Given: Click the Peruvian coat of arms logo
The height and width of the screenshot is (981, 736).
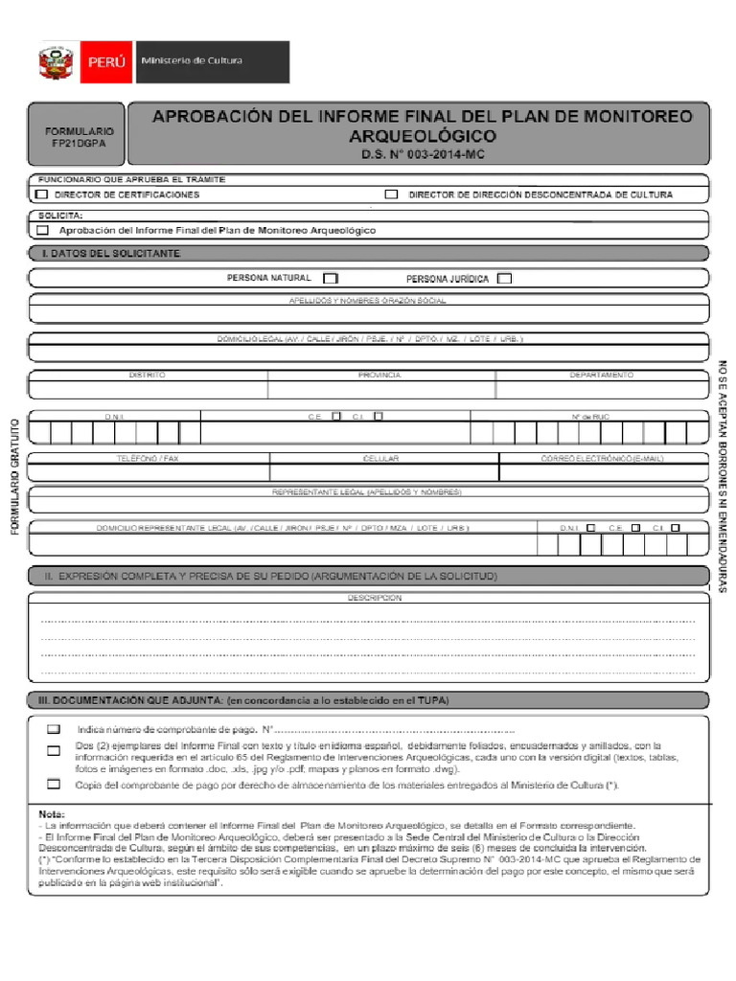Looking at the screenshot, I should pos(56,62).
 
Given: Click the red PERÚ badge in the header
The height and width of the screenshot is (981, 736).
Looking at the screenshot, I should pos(105,62).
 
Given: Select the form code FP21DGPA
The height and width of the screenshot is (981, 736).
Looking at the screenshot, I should pos(79,143).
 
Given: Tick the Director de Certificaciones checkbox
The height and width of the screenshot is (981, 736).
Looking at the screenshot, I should pos(41,194).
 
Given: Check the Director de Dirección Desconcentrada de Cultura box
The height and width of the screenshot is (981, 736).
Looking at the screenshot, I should pos(391,194).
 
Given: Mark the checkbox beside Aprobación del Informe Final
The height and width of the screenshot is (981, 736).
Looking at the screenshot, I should pos(42,230).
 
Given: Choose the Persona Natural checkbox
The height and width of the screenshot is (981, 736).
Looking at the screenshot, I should pos(331,279).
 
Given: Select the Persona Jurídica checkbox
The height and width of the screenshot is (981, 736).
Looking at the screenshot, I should pos(504,279).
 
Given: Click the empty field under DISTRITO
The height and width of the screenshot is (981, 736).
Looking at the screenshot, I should pos(149,389).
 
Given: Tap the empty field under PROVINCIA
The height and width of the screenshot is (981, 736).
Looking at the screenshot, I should pos(380,389).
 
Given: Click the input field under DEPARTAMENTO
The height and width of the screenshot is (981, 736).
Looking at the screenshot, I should pos(602,389).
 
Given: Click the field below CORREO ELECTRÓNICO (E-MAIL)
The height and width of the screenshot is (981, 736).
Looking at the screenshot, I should pos(604,472).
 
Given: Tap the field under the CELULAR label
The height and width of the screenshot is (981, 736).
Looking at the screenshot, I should pos(383,472).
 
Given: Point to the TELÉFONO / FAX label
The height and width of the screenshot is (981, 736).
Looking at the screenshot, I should pos(148,459).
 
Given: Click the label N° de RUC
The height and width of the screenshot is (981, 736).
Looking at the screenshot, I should pos(589,417).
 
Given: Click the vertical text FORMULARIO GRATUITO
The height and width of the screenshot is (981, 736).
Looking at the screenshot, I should pos(15,476).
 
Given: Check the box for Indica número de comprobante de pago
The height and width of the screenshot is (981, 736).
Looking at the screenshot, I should pos(54,729).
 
